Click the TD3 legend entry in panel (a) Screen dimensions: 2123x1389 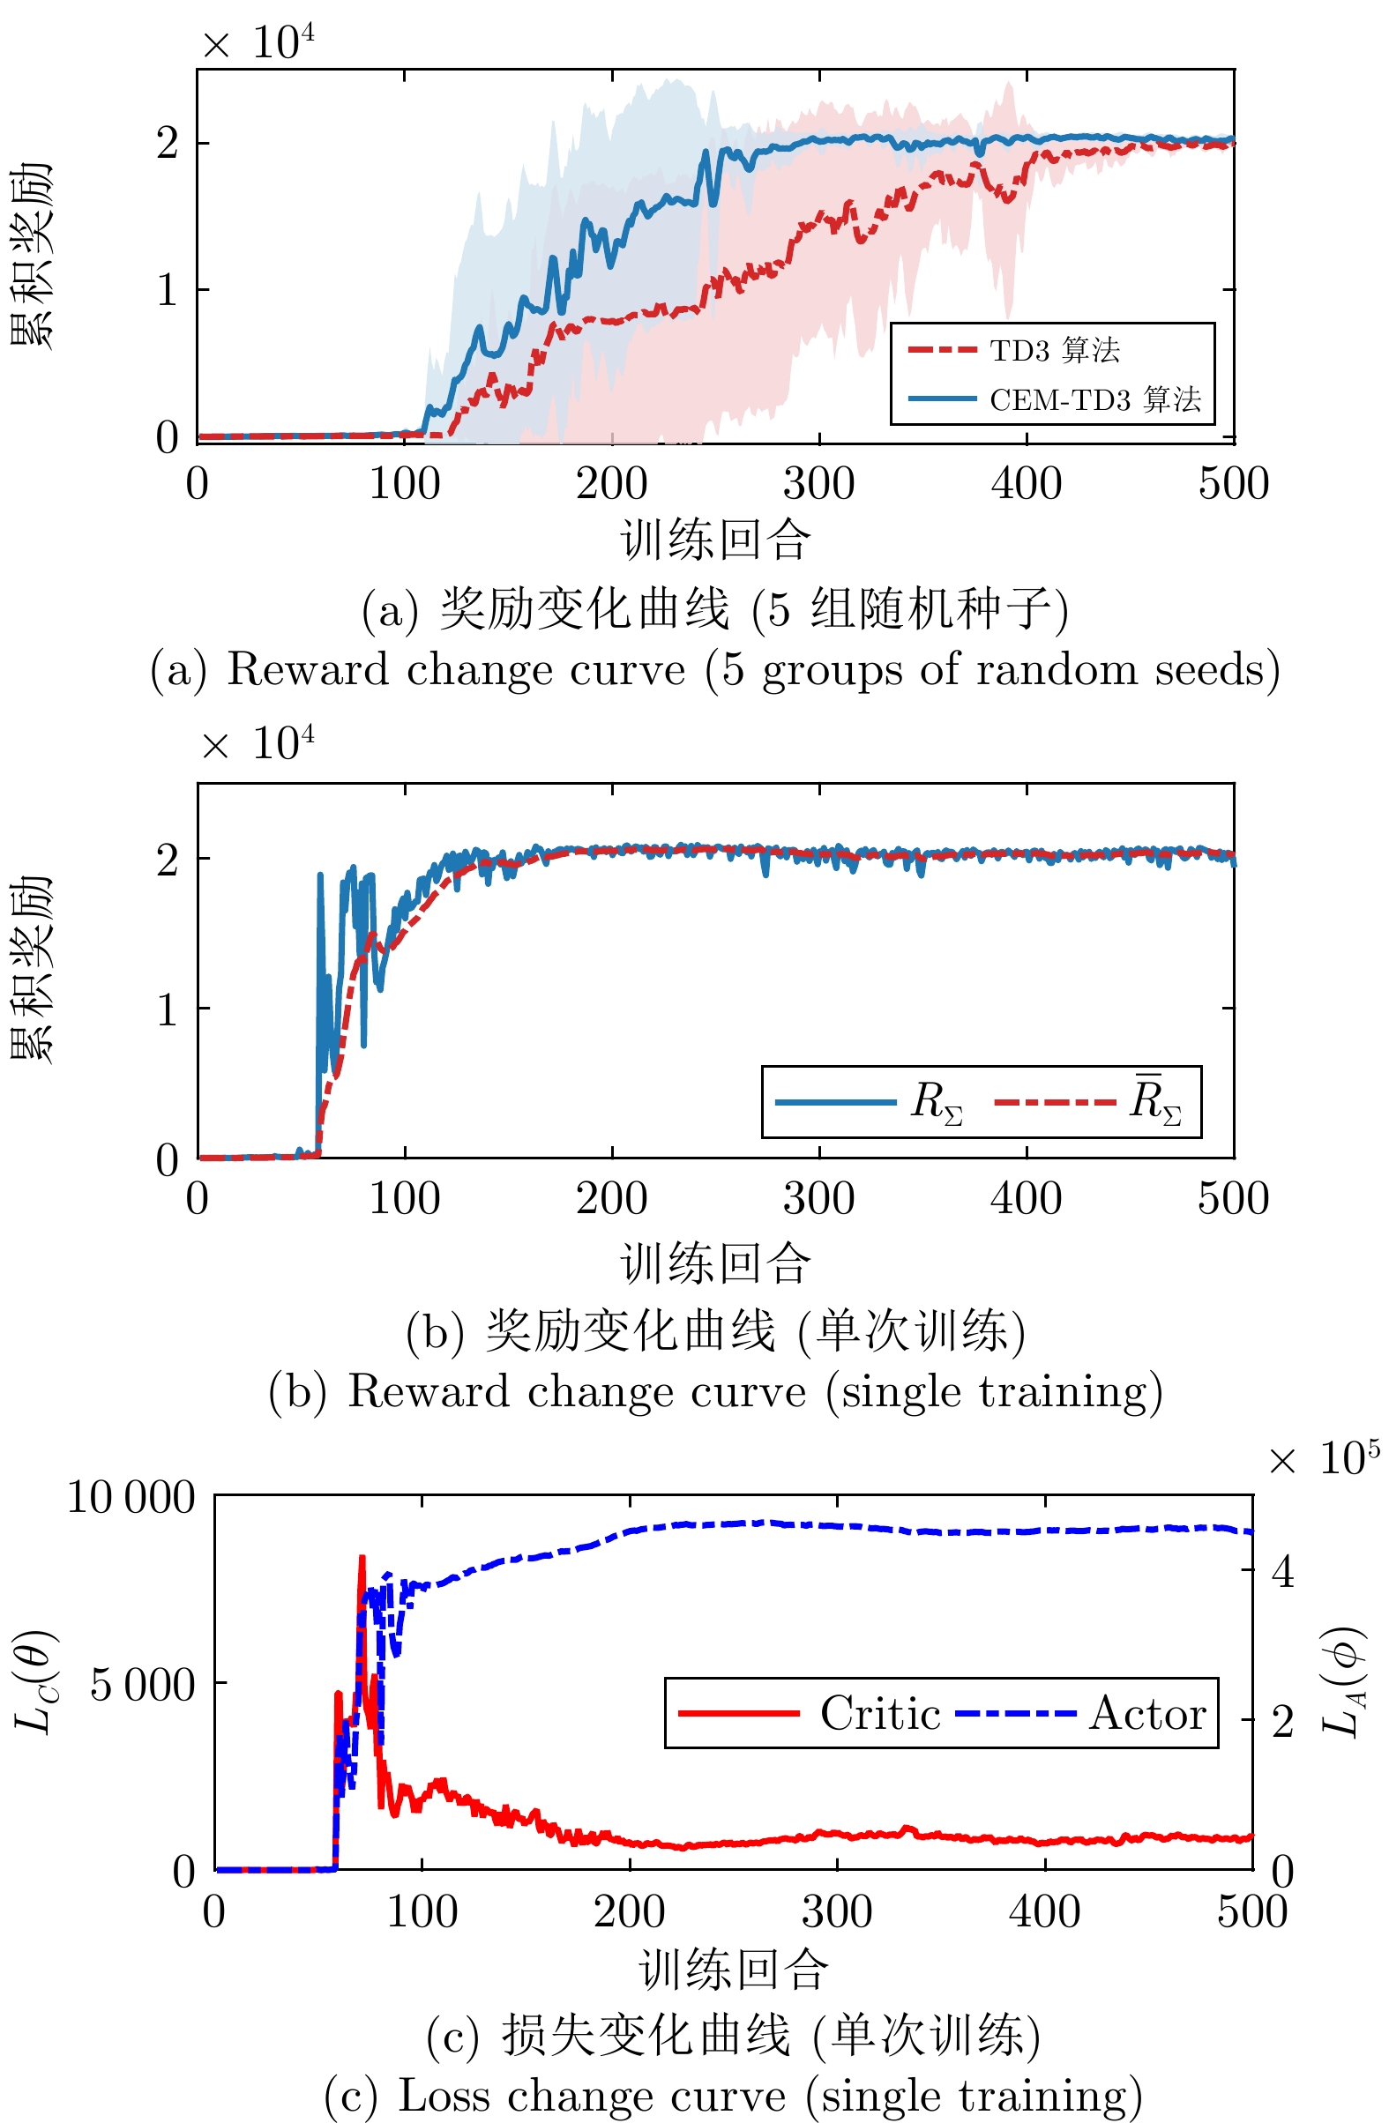(1054, 351)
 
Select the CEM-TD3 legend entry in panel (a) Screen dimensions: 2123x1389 (1094, 399)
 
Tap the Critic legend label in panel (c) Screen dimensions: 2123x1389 (879, 1714)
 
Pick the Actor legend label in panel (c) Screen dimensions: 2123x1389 (1147, 1714)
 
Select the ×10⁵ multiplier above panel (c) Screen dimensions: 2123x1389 (1324, 1458)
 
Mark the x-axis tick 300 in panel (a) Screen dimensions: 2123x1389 (818, 483)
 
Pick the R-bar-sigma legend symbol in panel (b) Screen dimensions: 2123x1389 (1155, 1101)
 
